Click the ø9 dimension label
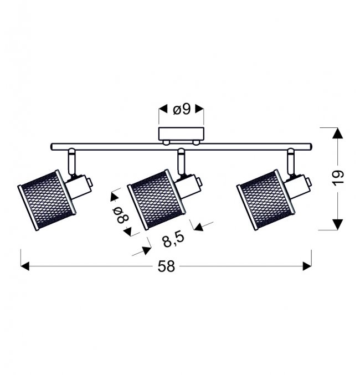coord(182,110)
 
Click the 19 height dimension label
coord(338,177)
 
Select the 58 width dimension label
coord(166,266)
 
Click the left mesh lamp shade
coord(47,200)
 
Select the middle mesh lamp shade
coord(156,199)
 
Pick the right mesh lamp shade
coord(265,200)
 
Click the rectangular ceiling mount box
coord(181,133)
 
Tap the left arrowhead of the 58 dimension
coord(25,266)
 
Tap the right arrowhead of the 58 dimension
coord(307,266)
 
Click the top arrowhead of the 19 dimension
coord(337,133)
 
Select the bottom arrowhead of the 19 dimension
coord(337,224)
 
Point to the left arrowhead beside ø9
coord(163,109)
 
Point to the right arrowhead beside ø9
coord(199,109)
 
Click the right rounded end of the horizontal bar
coord(310,147)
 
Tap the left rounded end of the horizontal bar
coord(53,147)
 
